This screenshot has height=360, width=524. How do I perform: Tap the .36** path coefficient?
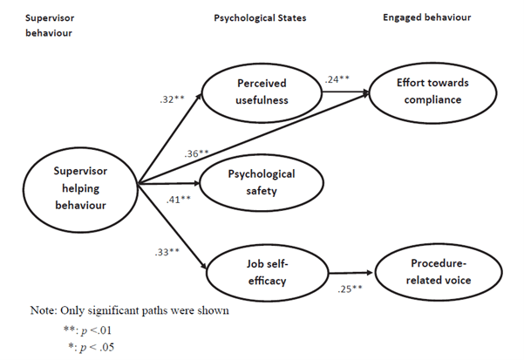[x=197, y=154]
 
